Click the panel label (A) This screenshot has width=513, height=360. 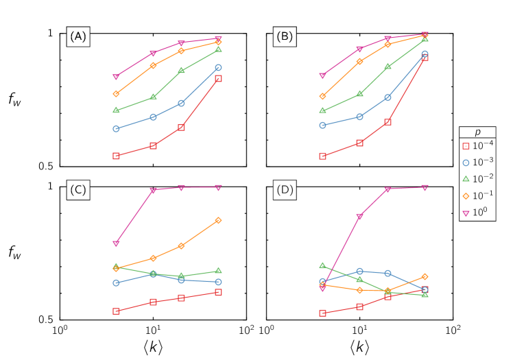(x=78, y=37)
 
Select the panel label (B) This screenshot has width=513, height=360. (x=285, y=37)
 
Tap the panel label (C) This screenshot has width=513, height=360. (x=78, y=190)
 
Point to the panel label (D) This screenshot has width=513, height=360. (x=285, y=190)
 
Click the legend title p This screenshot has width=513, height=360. (x=477, y=132)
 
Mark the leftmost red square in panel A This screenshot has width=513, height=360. (x=117, y=156)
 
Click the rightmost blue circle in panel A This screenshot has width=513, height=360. (x=218, y=68)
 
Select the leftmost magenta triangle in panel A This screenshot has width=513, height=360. (x=117, y=77)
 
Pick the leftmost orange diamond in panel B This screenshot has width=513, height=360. (x=322, y=97)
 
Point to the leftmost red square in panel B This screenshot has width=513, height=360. (x=322, y=156)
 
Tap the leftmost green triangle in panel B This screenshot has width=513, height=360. (x=322, y=110)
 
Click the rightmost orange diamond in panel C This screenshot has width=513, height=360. (x=219, y=220)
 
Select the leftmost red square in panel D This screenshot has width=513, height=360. (x=322, y=313)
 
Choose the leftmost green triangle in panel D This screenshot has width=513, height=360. (x=322, y=265)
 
